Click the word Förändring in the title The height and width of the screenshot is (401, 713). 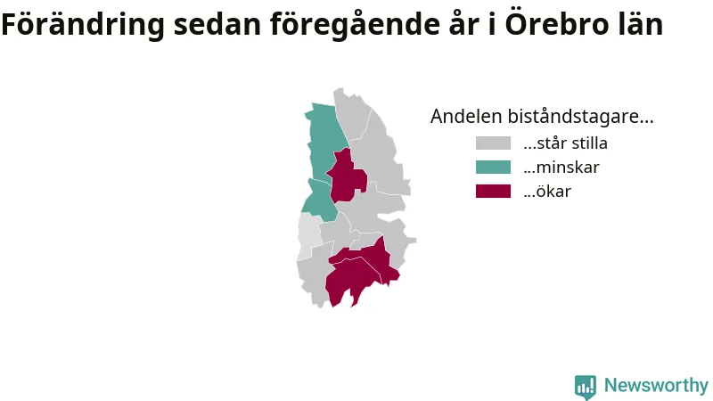click(82, 25)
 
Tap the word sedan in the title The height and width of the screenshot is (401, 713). click(217, 25)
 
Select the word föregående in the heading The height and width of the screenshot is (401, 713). click(355, 25)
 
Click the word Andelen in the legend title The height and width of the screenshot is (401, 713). click(466, 117)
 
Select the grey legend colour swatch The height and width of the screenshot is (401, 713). click(493, 143)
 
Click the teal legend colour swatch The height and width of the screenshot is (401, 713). click(493, 168)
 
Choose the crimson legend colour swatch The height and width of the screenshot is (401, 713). click(493, 191)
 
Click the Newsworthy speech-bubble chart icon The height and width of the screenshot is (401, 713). click(586, 387)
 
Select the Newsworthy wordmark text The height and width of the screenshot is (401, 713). click(656, 386)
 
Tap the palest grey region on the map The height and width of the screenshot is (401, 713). click(308, 235)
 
